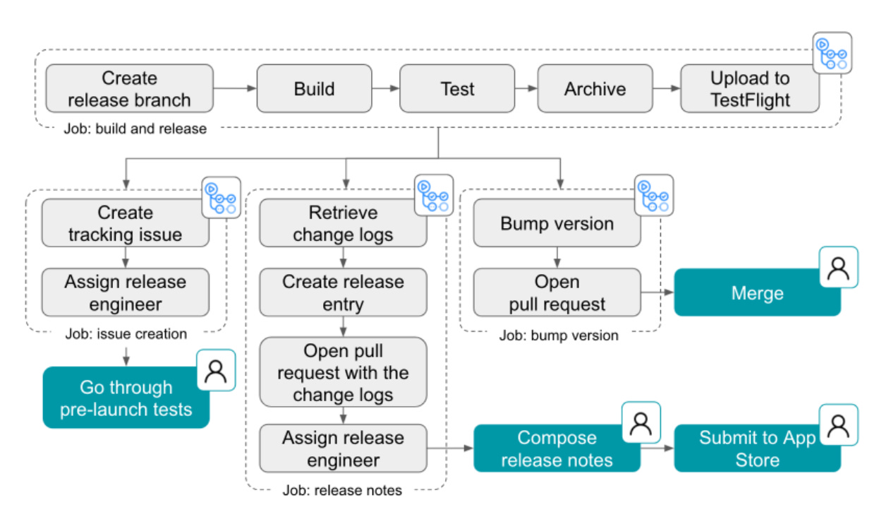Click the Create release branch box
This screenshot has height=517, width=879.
(129, 89)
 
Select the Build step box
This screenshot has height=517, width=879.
(314, 89)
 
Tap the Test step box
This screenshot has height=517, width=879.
(457, 89)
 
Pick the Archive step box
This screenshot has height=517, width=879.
(595, 89)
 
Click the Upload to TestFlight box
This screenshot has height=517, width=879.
(749, 89)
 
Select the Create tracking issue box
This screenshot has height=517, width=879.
(125, 223)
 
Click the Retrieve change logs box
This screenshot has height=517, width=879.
(343, 223)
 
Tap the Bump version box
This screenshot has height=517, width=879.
(557, 223)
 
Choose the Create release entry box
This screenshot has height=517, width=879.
(343, 292)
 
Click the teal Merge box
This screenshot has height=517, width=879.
(757, 292)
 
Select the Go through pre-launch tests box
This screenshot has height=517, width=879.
(126, 398)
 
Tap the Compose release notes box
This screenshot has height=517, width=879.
(556, 448)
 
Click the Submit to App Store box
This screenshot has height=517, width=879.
(757, 448)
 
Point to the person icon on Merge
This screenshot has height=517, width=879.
(838, 268)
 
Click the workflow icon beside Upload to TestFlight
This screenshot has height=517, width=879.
(832, 53)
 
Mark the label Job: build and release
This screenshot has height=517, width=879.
(136, 129)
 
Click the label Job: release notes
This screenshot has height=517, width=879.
(342, 490)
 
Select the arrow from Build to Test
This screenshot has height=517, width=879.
(385, 88)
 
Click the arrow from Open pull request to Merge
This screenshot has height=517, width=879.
(657, 292)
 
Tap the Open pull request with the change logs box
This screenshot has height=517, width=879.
(343, 372)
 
